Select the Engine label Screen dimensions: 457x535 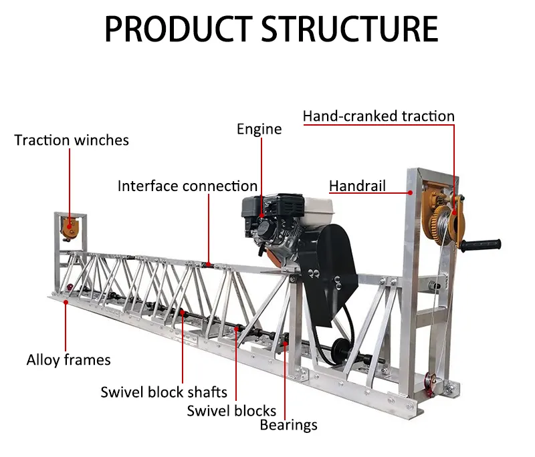tap(259, 128)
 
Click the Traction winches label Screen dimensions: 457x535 tap(72, 140)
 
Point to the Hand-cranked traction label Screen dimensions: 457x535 tap(379, 116)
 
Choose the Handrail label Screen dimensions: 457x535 tap(357, 186)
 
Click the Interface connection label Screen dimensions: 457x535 tap(187, 186)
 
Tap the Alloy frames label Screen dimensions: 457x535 tap(68, 360)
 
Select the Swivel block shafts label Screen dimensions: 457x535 tap(164, 392)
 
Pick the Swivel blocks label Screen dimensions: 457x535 tap(231, 410)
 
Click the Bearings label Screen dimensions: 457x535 tap(288, 424)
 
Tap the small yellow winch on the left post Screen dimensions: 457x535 tap(69, 227)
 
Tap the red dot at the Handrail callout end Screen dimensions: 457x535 tap(410, 192)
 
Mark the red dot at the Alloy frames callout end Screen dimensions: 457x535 tap(66, 302)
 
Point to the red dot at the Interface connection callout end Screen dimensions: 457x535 tap(209, 265)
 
